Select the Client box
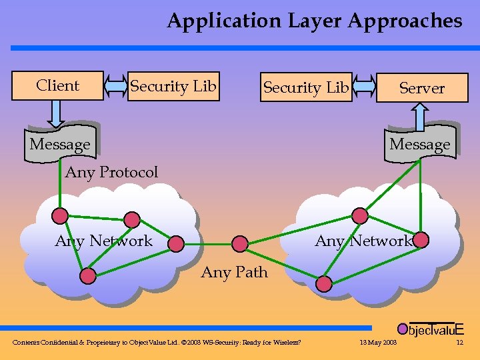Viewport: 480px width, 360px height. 58,85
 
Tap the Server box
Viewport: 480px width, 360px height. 421,88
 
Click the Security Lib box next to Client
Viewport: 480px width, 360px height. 173,86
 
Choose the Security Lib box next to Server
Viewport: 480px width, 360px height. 306,87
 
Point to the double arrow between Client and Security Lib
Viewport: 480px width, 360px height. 116,86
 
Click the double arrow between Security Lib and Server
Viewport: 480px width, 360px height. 364,87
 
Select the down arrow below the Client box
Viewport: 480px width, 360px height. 57,113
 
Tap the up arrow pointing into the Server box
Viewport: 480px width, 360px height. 420,116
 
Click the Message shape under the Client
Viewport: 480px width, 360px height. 60,144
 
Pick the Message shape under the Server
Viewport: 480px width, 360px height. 420,144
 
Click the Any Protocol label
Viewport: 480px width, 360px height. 111,172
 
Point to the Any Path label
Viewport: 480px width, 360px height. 235,272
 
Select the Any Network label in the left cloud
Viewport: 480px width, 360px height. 104,241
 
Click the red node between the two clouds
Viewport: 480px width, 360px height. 240,244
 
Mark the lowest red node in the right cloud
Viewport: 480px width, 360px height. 324,284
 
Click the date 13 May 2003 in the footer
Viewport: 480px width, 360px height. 378,343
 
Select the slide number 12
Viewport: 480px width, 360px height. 459,343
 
